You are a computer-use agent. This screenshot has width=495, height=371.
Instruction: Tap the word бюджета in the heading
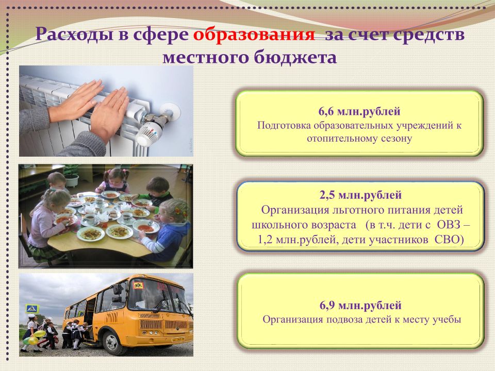pyautogui.click(x=295, y=57)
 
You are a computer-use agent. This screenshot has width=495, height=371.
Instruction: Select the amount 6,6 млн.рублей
pyautogui.click(x=359, y=111)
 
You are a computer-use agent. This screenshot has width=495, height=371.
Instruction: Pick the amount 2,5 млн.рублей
pyautogui.click(x=360, y=195)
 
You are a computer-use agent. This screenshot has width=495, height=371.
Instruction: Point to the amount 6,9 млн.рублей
pyautogui.click(x=360, y=306)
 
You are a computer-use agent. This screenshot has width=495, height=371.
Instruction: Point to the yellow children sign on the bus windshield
pyautogui.click(x=138, y=285)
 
